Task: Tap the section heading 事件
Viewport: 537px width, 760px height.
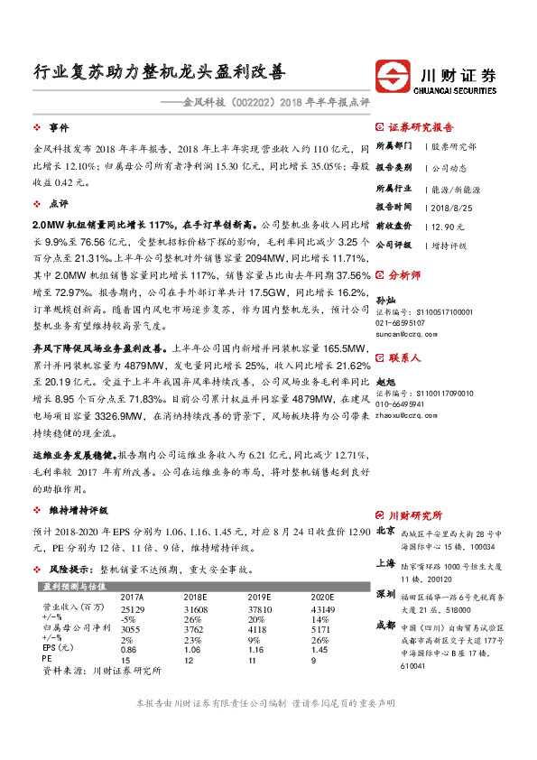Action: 60,127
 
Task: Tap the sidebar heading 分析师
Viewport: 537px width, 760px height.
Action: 404,273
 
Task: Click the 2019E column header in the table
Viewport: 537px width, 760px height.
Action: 261,598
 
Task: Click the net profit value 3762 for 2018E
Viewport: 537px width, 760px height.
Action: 196,629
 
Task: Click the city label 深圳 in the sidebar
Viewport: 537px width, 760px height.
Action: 384,594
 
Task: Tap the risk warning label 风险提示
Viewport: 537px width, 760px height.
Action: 72,570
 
